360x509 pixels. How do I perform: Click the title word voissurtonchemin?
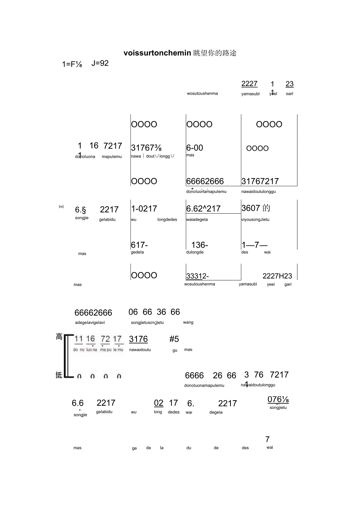[x=157, y=53]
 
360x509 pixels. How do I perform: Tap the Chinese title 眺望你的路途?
[x=215, y=53]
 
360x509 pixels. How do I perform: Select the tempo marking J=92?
[x=100, y=63]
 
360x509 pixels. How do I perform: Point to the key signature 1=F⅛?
[x=72, y=65]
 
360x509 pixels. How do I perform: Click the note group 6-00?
[x=194, y=148]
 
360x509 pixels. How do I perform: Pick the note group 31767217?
[x=260, y=181]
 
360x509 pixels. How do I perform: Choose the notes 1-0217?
[x=144, y=209]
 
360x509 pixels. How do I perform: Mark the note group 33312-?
[x=198, y=276]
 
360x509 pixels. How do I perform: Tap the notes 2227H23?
[x=277, y=276]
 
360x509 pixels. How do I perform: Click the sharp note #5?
[x=174, y=339]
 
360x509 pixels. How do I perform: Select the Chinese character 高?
[x=59, y=336]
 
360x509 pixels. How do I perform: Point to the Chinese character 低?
[x=59, y=375]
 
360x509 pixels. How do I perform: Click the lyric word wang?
[x=188, y=322]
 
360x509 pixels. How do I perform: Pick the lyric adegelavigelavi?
[x=90, y=323]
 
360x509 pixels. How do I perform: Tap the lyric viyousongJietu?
[x=255, y=219]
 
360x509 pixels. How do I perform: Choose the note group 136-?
[x=200, y=245]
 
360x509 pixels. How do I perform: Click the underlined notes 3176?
[x=139, y=339]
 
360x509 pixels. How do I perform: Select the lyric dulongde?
[x=195, y=252]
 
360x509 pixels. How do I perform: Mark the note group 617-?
[x=139, y=245]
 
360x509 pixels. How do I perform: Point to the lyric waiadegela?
[x=197, y=219]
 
